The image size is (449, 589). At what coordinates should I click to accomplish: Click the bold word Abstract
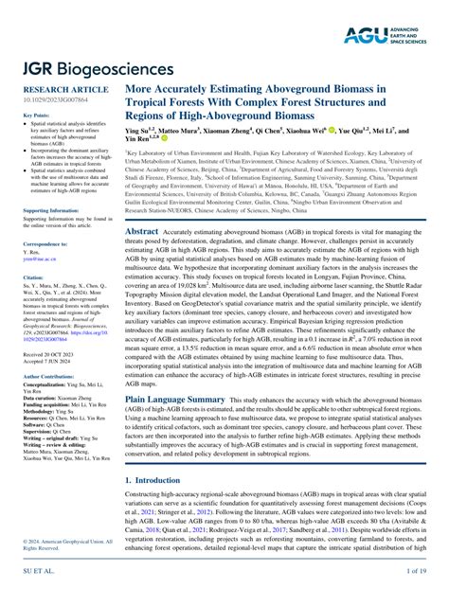coord(141,230)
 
